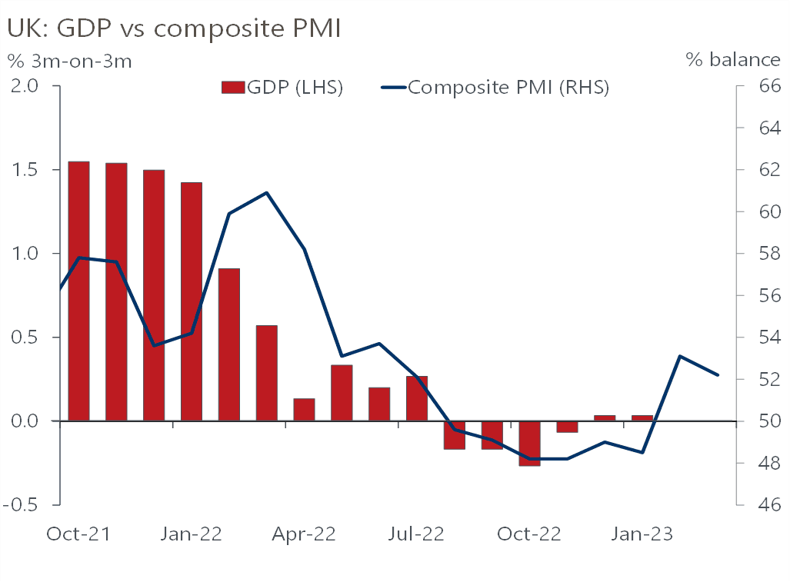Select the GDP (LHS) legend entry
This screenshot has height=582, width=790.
click(x=282, y=87)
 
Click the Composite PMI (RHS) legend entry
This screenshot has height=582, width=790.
click(x=496, y=87)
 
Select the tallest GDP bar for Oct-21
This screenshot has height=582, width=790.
click(x=78, y=291)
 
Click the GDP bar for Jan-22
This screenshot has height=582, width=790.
click(x=192, y=301)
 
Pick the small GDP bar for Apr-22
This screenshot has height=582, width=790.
click(x=304, y=410)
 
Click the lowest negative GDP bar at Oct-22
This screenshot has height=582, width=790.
click(x=529, y=444)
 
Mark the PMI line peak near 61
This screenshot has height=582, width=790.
click(x=266, y=192)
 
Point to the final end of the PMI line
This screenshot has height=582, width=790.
click(x=718, y=375)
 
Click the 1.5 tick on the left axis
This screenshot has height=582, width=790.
click(x=30, y=170)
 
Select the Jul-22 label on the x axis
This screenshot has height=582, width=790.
click(x=416, y=534)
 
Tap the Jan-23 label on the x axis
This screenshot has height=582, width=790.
click(x=642, y=534)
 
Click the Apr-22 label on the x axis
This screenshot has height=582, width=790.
click(x=304, y=534)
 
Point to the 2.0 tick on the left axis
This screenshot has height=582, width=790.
click(x=30, y=86)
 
